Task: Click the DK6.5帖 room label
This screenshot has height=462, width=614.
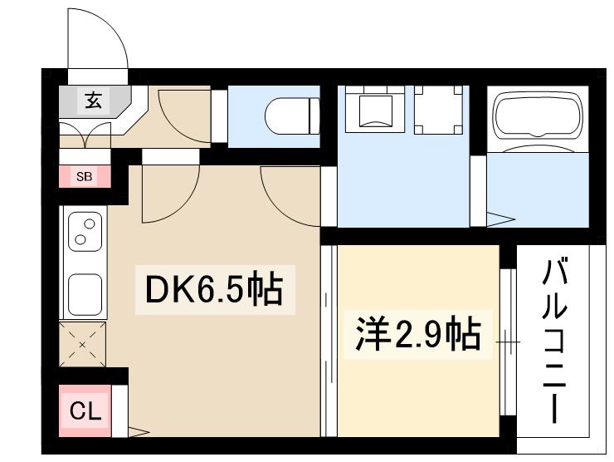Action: coord(214,290)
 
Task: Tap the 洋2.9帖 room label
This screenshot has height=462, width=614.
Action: coord(418,334)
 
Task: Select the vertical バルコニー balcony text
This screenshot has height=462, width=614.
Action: coord(554,341)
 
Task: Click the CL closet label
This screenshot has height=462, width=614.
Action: coord(85,410)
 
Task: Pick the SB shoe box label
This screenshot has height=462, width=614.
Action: coord(84,176)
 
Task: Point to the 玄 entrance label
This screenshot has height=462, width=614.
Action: coord(92,101)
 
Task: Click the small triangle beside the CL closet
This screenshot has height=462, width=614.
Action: coord(138,431)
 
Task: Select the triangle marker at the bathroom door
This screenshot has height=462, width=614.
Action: coord(500,220)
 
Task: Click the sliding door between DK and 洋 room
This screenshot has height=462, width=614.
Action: coord(329,341)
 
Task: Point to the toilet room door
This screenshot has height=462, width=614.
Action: coord(219,116)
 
